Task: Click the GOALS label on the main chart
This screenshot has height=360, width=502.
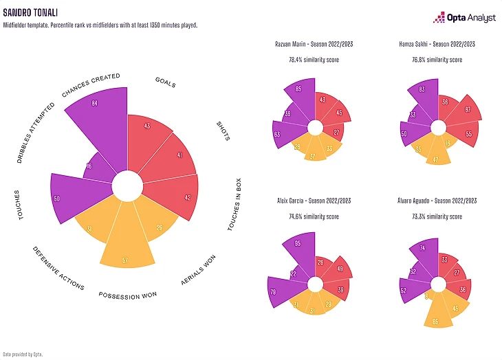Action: [165, 83]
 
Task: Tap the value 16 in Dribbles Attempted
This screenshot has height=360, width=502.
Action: [89, 166]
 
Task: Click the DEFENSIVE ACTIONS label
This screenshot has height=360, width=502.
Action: [58, 267]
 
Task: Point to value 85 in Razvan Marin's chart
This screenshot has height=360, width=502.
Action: [298, 89]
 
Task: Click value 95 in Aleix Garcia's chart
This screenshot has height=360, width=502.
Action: [297, 243]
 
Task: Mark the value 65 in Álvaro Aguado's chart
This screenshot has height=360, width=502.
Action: [435, 321]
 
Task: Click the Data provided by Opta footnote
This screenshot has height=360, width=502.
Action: [23, 355]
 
